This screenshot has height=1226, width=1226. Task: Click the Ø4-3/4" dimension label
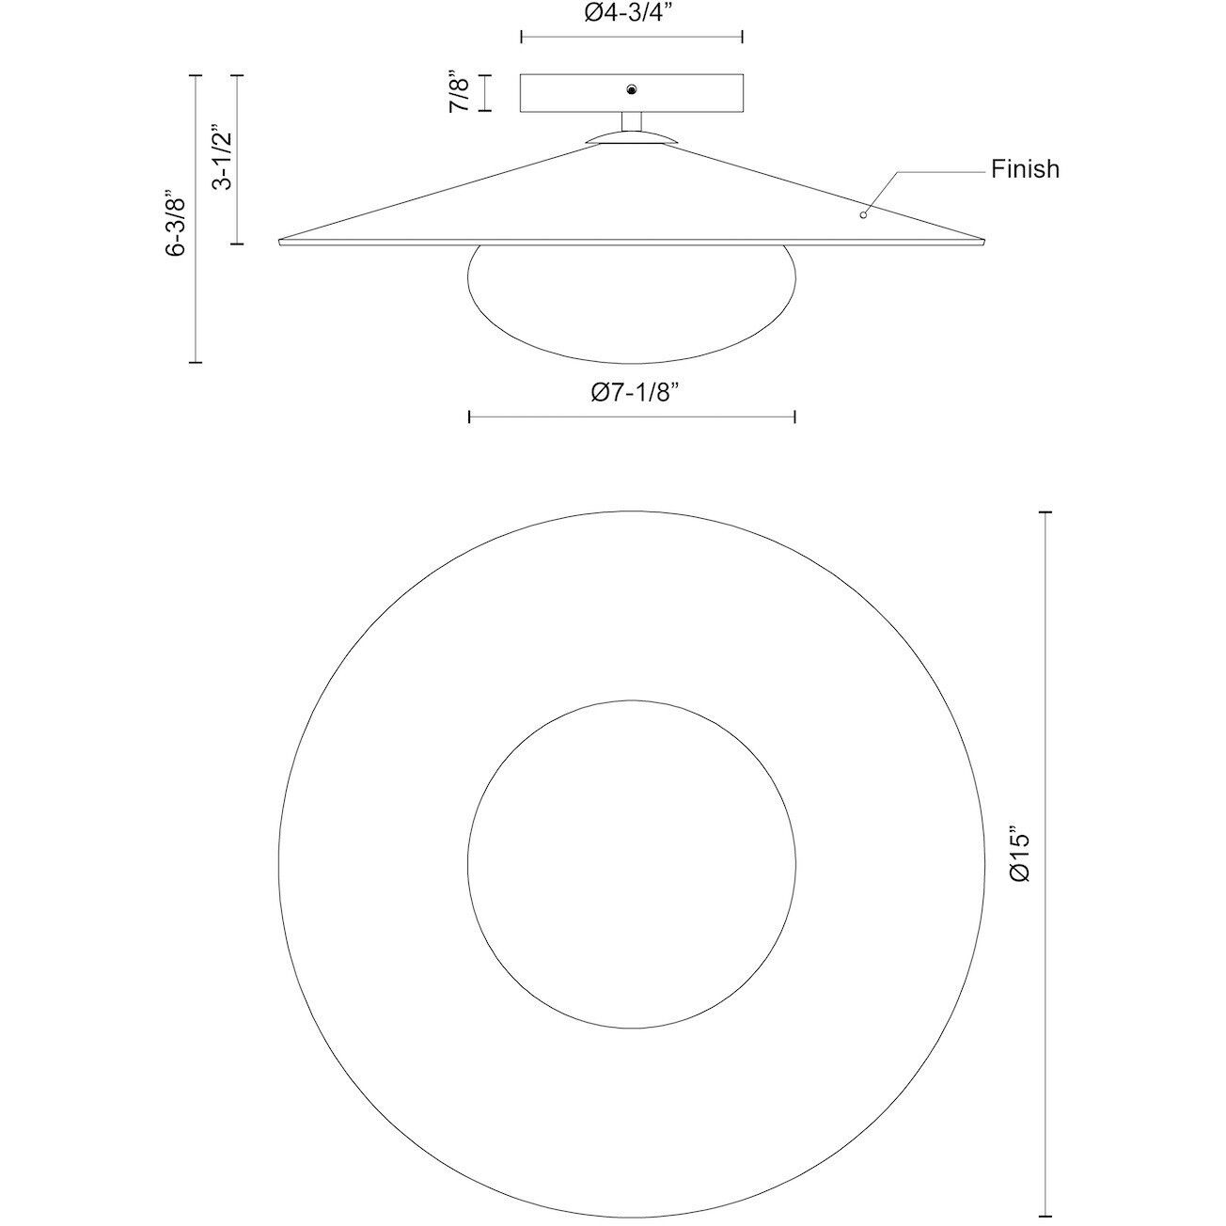(632, 13)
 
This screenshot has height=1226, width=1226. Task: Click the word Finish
(1025, 169)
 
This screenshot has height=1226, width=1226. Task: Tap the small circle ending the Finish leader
(863, 214)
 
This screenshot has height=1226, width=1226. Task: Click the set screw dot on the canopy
(632, 89)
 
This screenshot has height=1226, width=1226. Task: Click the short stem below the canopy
(632, 122)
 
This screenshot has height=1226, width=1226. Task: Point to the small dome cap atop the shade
(631, 138)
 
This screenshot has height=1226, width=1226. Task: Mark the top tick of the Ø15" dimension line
(1044, 512)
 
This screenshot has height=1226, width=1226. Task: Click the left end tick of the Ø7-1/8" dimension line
(470, 417)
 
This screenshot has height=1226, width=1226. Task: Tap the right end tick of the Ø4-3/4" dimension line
(743, 37)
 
